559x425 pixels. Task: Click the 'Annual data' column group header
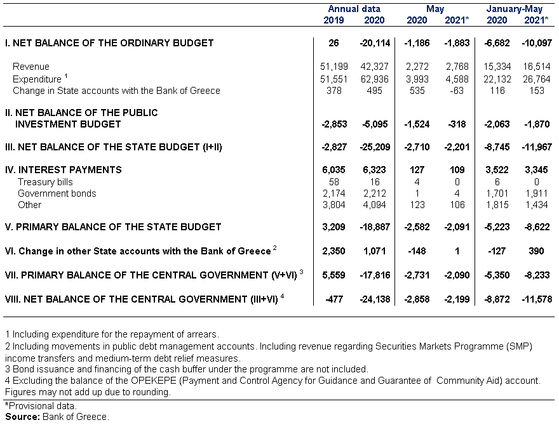click(354, 9)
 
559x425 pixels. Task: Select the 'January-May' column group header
click(515, 9)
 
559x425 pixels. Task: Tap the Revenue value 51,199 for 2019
click(333, 67)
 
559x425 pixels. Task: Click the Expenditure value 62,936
click(374, 79)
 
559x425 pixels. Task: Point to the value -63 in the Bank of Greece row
click(457, 91)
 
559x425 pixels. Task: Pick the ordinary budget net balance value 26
click(333, 43)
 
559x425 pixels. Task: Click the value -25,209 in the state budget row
click(375, 147)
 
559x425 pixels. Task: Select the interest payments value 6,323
click(374, 170)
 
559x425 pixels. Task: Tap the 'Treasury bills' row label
click(45, 182)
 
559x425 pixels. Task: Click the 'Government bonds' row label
click(57, 193)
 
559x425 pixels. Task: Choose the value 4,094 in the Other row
click(374, 205)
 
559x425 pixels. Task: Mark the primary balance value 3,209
click(333, 226)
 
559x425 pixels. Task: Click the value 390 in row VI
click(536, 251)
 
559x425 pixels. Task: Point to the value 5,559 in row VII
click(333, 275)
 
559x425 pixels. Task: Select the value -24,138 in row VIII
click(375, 299)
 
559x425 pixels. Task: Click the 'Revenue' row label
click(31, 67)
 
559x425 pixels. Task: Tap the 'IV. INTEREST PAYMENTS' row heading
click(64, 170)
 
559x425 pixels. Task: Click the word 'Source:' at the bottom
click(22, 417)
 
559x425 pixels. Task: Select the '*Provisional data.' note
click(41, 406)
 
